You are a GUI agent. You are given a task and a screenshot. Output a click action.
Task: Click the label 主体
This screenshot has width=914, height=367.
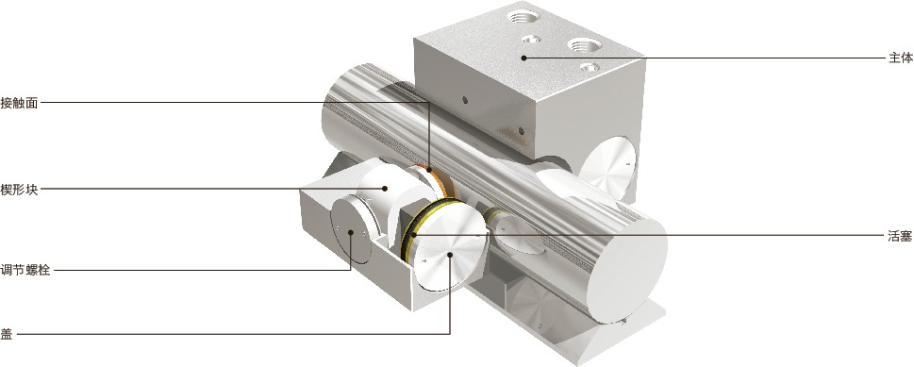[900, 58]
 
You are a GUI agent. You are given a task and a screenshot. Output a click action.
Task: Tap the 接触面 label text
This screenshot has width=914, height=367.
[19, 103]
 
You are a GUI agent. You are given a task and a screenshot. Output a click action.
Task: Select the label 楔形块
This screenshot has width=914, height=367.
[19, 189]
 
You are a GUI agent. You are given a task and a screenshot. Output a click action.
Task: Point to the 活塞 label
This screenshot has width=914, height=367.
[900, 236]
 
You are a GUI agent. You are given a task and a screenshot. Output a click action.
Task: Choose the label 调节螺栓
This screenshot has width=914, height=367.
[25, 270]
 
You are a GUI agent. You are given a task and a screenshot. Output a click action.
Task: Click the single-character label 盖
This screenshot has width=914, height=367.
[7, 334]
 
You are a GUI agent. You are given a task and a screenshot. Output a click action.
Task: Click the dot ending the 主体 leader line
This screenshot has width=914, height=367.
[523, 58]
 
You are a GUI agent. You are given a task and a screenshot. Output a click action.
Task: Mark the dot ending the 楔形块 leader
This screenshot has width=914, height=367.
[385, 189]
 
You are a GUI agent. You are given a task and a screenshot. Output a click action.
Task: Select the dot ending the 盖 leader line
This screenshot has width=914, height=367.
[450, 255]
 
